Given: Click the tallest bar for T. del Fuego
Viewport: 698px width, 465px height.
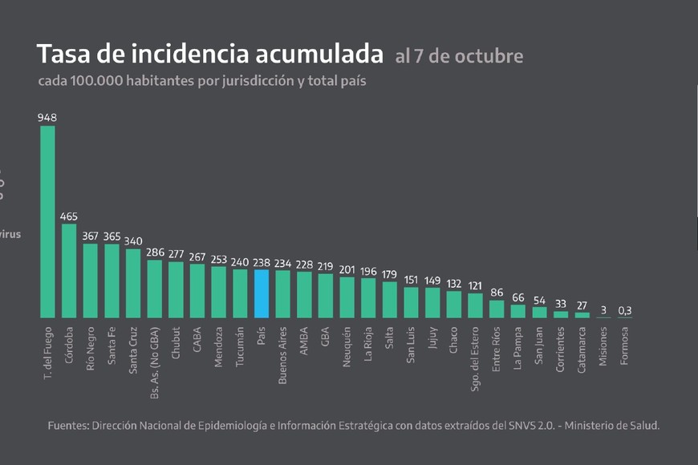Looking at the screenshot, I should tap(47, 221).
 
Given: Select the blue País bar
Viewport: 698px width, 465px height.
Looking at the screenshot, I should tap(262, 293).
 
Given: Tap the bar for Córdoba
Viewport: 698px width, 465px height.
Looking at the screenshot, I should tap(69, 271).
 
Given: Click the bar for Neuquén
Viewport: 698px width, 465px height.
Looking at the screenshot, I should tap(347, 297).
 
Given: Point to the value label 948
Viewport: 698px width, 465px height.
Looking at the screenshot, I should tap(47, 117).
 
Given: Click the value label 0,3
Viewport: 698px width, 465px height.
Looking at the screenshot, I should tap(625, 310).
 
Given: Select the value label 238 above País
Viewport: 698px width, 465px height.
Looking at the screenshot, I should tap(262, 261).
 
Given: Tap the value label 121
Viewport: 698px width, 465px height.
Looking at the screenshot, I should tap(475, 285).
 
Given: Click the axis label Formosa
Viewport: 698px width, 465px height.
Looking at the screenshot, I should tap(625, 346).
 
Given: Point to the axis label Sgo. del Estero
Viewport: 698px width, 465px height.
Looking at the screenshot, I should tap(475, 357).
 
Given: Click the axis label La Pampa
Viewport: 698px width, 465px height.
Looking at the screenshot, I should tap(518, 349).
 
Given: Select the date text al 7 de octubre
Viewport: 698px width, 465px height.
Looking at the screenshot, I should tap(459, 56).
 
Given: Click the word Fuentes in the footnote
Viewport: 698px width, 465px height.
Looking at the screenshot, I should tap(68, 426).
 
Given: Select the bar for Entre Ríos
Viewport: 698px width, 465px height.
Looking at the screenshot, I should tap(497, 309).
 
